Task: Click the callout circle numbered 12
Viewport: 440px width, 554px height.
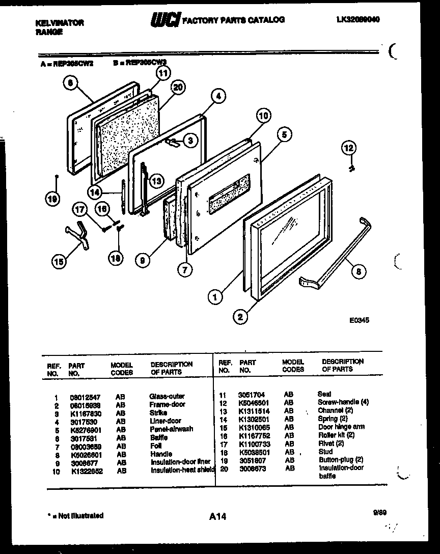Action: [x=348, y=148]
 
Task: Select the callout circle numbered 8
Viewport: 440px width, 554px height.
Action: [x=360, y=272]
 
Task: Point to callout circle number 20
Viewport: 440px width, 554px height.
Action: [x=177, y=87]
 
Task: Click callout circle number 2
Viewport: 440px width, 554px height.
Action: [x=239, y=317]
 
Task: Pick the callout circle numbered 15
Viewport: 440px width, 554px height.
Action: [x=60, y=262]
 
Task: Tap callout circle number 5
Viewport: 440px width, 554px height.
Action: [x=285, y=135]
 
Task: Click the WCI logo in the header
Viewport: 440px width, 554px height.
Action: [x=165, y=19]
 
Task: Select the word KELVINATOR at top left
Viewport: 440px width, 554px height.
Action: [x=60, y=23]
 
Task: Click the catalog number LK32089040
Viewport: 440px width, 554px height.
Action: [x=359, y=19]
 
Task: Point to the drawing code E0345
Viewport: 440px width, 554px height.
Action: [x=359, y=320]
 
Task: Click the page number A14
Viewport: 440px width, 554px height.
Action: [x=217, y=517]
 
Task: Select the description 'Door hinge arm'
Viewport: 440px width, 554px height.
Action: [x=341, y=427]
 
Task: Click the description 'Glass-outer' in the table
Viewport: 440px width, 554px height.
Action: [x=167, y=396]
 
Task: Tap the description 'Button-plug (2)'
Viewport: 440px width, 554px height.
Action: [x=341, y=459]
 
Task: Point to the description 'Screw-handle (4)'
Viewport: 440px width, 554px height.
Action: [x=343, y=402]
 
